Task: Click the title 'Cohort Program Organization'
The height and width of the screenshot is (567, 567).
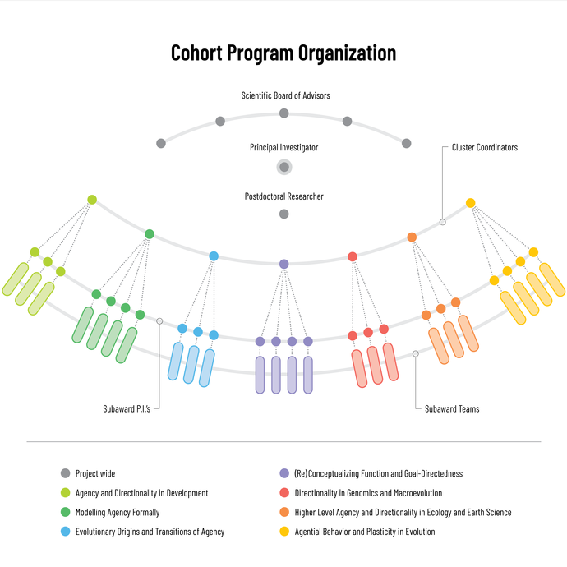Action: [283, 53]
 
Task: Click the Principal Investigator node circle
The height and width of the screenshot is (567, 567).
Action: [284, 167]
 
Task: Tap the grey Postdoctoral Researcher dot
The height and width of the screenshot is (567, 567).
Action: [284, 214]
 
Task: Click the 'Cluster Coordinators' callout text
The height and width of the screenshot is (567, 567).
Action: [485, 148]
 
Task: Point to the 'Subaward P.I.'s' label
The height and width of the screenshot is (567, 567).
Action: [126, 408]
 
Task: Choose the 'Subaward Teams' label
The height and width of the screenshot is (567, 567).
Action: [452, 408]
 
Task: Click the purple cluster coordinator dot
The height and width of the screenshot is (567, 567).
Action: [284, 264]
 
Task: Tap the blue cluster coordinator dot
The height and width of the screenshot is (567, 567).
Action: [214, 256]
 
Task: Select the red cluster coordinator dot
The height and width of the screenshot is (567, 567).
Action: [353, 256]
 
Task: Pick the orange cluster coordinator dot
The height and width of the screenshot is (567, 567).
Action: [412, 237]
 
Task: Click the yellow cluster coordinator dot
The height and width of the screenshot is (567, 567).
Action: [470, 203]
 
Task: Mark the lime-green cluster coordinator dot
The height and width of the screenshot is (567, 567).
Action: [92, 200]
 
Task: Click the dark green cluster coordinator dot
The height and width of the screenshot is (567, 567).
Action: [150, 234]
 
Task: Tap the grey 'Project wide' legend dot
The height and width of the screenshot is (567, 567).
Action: [66, 473]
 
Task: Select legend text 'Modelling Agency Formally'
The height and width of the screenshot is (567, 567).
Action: [118, 512]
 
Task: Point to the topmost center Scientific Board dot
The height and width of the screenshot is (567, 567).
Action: [284, 113]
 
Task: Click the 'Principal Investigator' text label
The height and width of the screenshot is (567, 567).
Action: [284, 148]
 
